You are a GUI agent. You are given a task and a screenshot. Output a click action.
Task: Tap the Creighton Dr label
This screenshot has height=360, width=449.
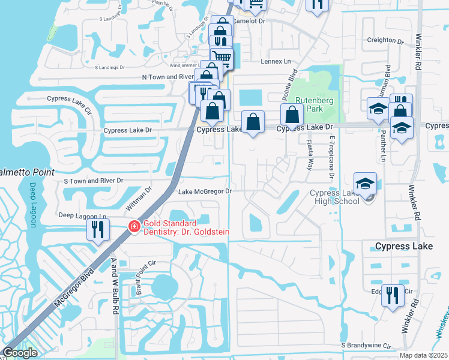tap(385, 40)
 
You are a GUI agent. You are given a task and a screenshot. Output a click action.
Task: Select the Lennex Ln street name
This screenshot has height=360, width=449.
tap(275, 61)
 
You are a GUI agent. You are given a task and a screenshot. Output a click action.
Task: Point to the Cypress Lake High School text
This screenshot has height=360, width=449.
tap(334, 197)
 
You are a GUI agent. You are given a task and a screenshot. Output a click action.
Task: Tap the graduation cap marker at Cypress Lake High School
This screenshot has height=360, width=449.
tap(365, 185)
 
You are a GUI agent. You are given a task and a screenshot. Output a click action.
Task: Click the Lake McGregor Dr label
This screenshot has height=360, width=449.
tap(205, 191)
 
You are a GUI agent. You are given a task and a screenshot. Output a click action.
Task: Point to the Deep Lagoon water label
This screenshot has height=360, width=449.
tap(32, 205)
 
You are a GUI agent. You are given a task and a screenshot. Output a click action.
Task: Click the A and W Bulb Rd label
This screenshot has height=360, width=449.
tap(113, 286)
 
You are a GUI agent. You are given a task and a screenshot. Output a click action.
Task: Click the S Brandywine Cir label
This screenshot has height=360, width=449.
tap(366, 346)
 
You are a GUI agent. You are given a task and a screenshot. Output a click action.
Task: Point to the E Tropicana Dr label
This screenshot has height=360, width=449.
tap(331, 157)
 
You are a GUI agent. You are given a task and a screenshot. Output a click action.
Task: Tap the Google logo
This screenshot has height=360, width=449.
tap(20, 353)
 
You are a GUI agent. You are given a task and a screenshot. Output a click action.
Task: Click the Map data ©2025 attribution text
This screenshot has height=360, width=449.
tap(423, 355)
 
